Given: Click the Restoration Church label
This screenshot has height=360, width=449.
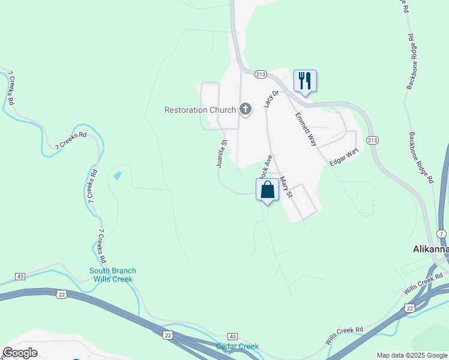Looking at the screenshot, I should [x=200, y=110].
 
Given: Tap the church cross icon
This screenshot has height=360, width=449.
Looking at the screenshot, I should [x=245, y=109].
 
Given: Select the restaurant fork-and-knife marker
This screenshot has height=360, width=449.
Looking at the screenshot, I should [x=305, y=80].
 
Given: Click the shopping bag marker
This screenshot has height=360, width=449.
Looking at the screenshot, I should [x=268, y=190].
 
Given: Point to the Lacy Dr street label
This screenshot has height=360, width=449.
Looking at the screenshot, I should [x=268, y=99].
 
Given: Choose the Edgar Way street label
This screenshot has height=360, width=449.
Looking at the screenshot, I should [x=343, y=158].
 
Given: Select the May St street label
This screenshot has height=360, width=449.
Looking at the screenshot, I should [x=286, y=187].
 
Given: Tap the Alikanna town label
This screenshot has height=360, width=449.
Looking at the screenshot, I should [x=430, y=249].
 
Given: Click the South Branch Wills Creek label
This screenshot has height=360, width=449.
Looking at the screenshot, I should [x=113, y=275].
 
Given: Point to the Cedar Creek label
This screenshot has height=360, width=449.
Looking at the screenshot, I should [x=237, y=346].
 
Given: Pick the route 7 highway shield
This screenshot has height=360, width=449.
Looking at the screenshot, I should [x=441, y=233].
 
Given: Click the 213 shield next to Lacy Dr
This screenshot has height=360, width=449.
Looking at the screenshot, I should [x=260, y=74].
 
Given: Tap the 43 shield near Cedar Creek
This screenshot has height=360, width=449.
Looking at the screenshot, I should [x=233, y=337].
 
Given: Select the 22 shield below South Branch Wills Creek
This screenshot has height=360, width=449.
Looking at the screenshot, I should [x=61, y=293].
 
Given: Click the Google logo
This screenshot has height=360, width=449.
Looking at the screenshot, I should [x=20, y=353].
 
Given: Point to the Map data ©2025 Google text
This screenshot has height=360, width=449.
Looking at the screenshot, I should [x=412, y=355].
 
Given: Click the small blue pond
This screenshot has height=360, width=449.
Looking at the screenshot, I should [x=117, y=176].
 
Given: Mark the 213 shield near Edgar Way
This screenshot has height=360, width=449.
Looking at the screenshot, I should [x=372, y=140].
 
